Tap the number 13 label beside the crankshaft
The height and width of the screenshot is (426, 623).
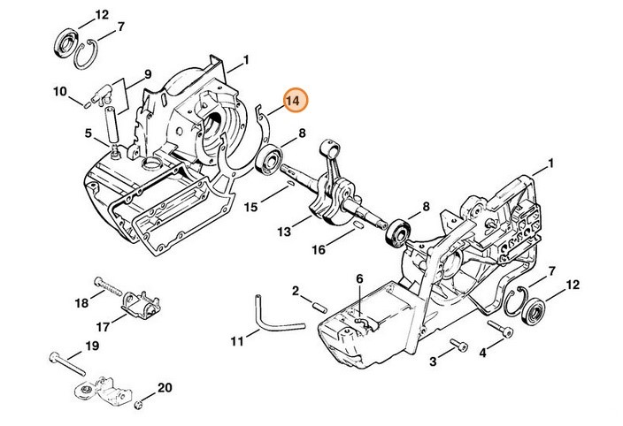coord(282,232)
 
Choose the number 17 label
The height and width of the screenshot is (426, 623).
coord(104,327)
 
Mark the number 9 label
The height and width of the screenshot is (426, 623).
coord(148,73)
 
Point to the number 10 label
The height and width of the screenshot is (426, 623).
coord(59,91)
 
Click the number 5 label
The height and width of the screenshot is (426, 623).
coord(88,133)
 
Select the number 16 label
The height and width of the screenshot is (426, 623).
coord(318,249)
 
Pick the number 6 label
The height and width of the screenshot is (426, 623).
coord(359,279)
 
